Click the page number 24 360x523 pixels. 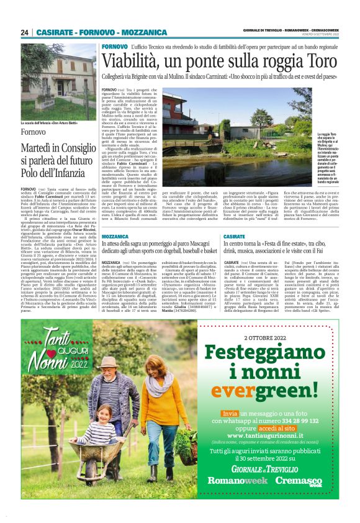[x=25, y=32]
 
